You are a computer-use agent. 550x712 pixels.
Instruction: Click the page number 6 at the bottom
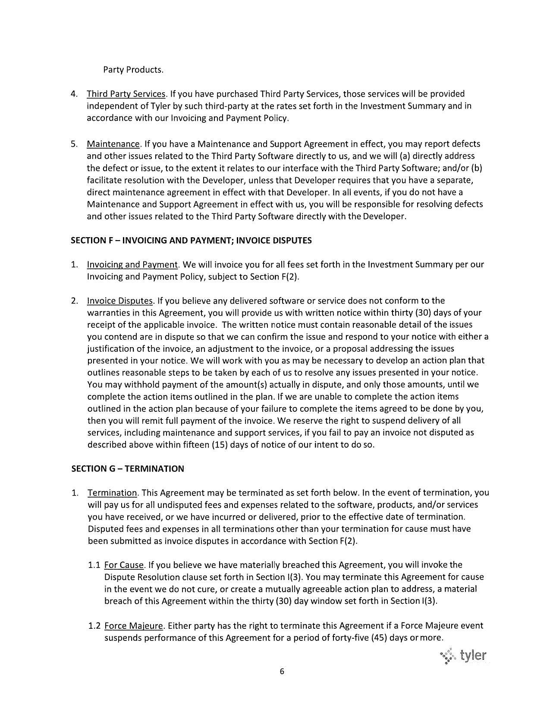282,671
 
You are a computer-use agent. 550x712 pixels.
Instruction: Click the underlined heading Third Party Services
126,94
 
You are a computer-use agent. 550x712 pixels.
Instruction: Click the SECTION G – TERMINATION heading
128,468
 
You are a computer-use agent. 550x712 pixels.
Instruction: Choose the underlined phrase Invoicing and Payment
132,264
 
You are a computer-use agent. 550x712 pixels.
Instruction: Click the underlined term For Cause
124,565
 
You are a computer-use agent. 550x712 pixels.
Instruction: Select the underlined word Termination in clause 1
112,492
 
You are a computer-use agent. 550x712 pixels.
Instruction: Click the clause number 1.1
94,565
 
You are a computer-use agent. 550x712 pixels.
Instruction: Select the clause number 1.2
94,625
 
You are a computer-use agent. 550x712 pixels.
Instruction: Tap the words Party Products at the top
133,69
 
